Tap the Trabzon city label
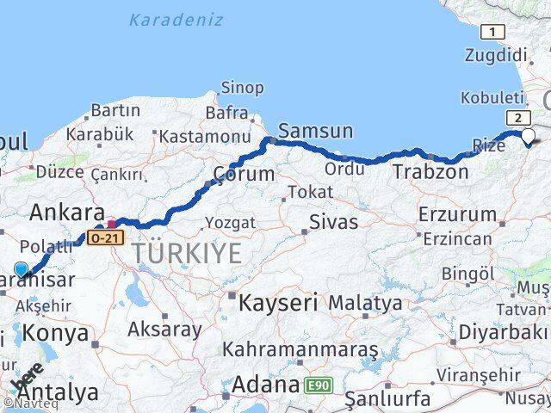coord(430,172)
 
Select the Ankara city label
coord(67,212)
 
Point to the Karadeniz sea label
coord(175,19)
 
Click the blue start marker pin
coord(22,270)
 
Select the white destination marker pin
coord(528,135)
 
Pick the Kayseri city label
coord(277,303)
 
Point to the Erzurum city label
coord(457,214)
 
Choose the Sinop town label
coord(243,87)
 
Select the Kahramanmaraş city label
coord(300,350)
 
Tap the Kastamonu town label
coord(204,136)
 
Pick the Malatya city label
coord(365,303)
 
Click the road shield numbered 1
coord(492,33)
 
